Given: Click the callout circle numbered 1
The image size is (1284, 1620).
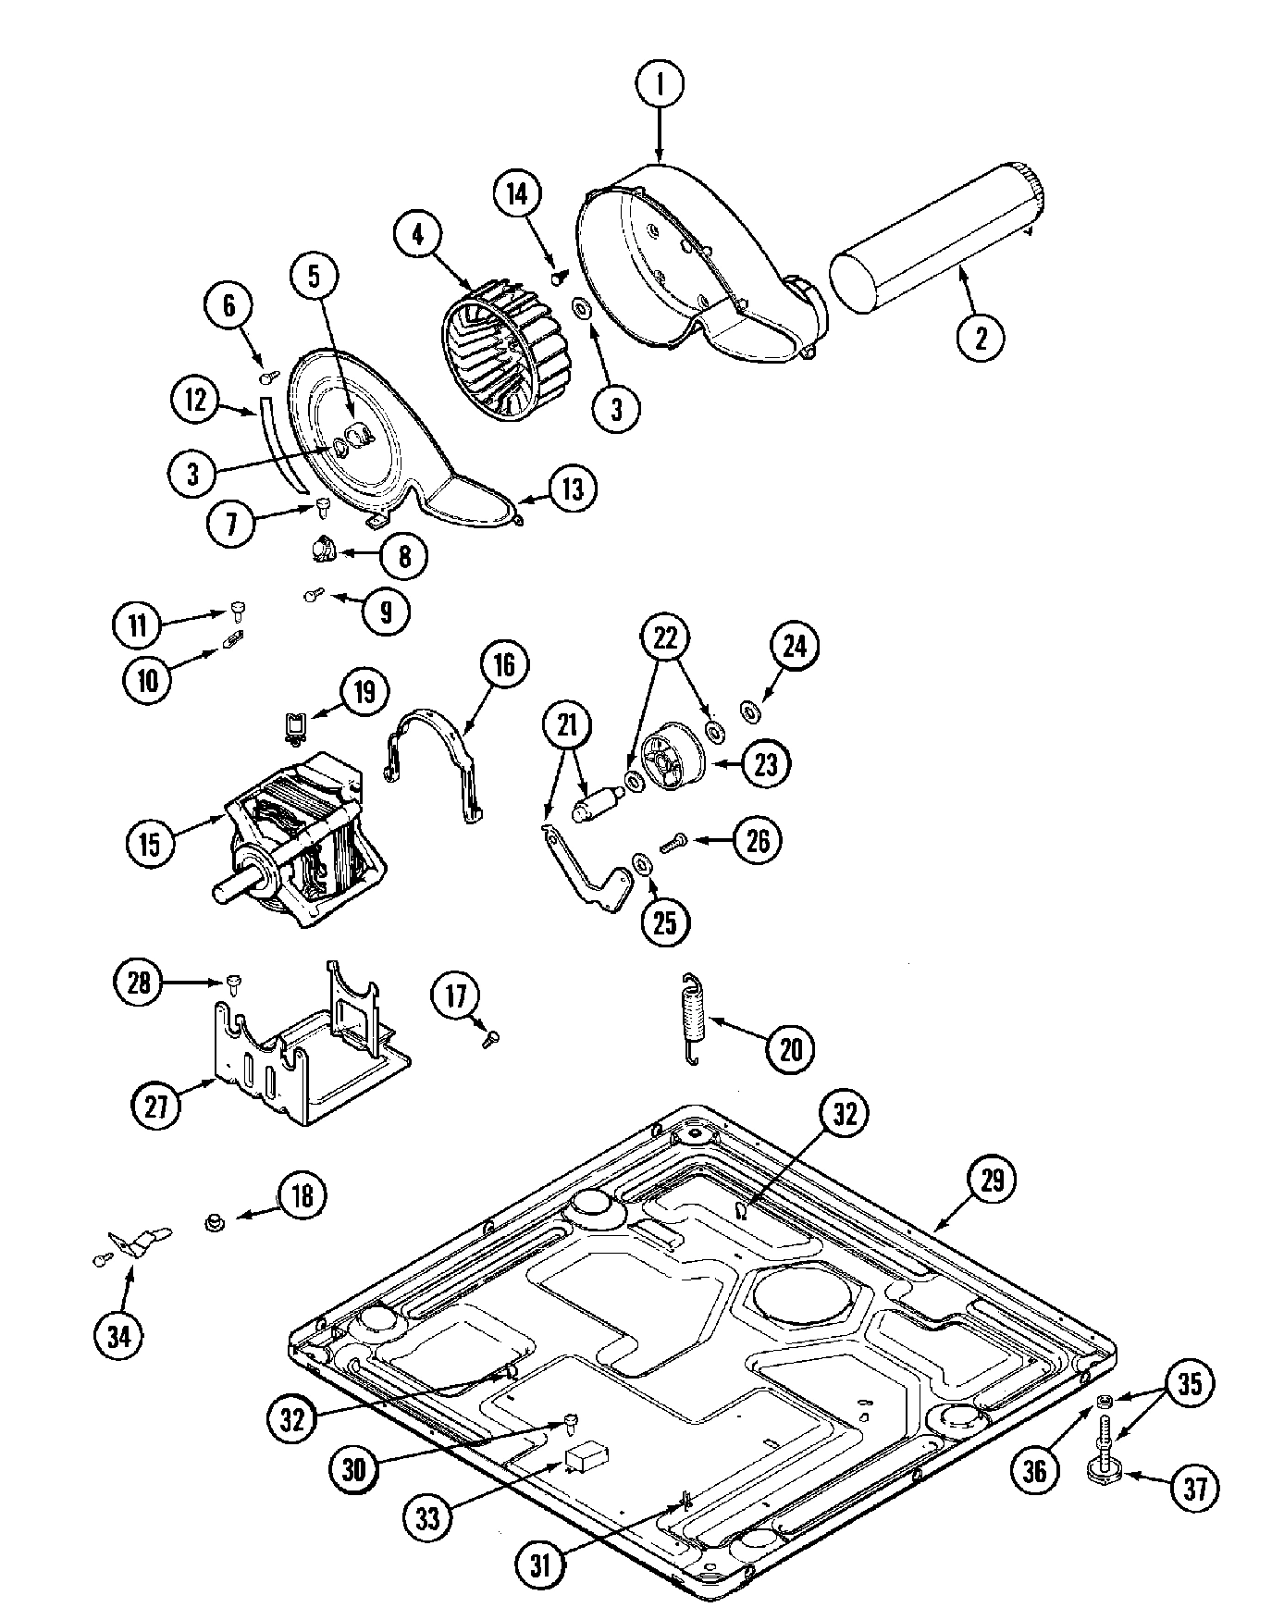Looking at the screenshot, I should (x=660, y=85).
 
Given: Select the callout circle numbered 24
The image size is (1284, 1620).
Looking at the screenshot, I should (x=795, y=647).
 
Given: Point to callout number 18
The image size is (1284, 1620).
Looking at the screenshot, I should (x=302, y=1194).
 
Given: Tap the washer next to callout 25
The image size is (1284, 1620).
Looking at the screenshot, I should (x=639, y=864).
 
